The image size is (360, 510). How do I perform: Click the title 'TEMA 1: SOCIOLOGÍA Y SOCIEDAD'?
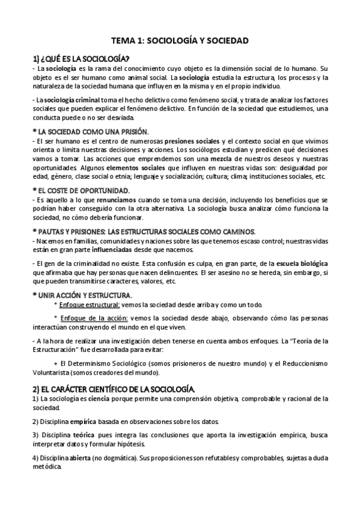click(180, 40)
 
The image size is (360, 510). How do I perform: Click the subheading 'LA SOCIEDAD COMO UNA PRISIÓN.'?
click(93, 131)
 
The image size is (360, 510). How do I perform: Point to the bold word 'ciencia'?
click(99, 398)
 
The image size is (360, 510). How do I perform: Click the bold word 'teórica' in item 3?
click(88, 434)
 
